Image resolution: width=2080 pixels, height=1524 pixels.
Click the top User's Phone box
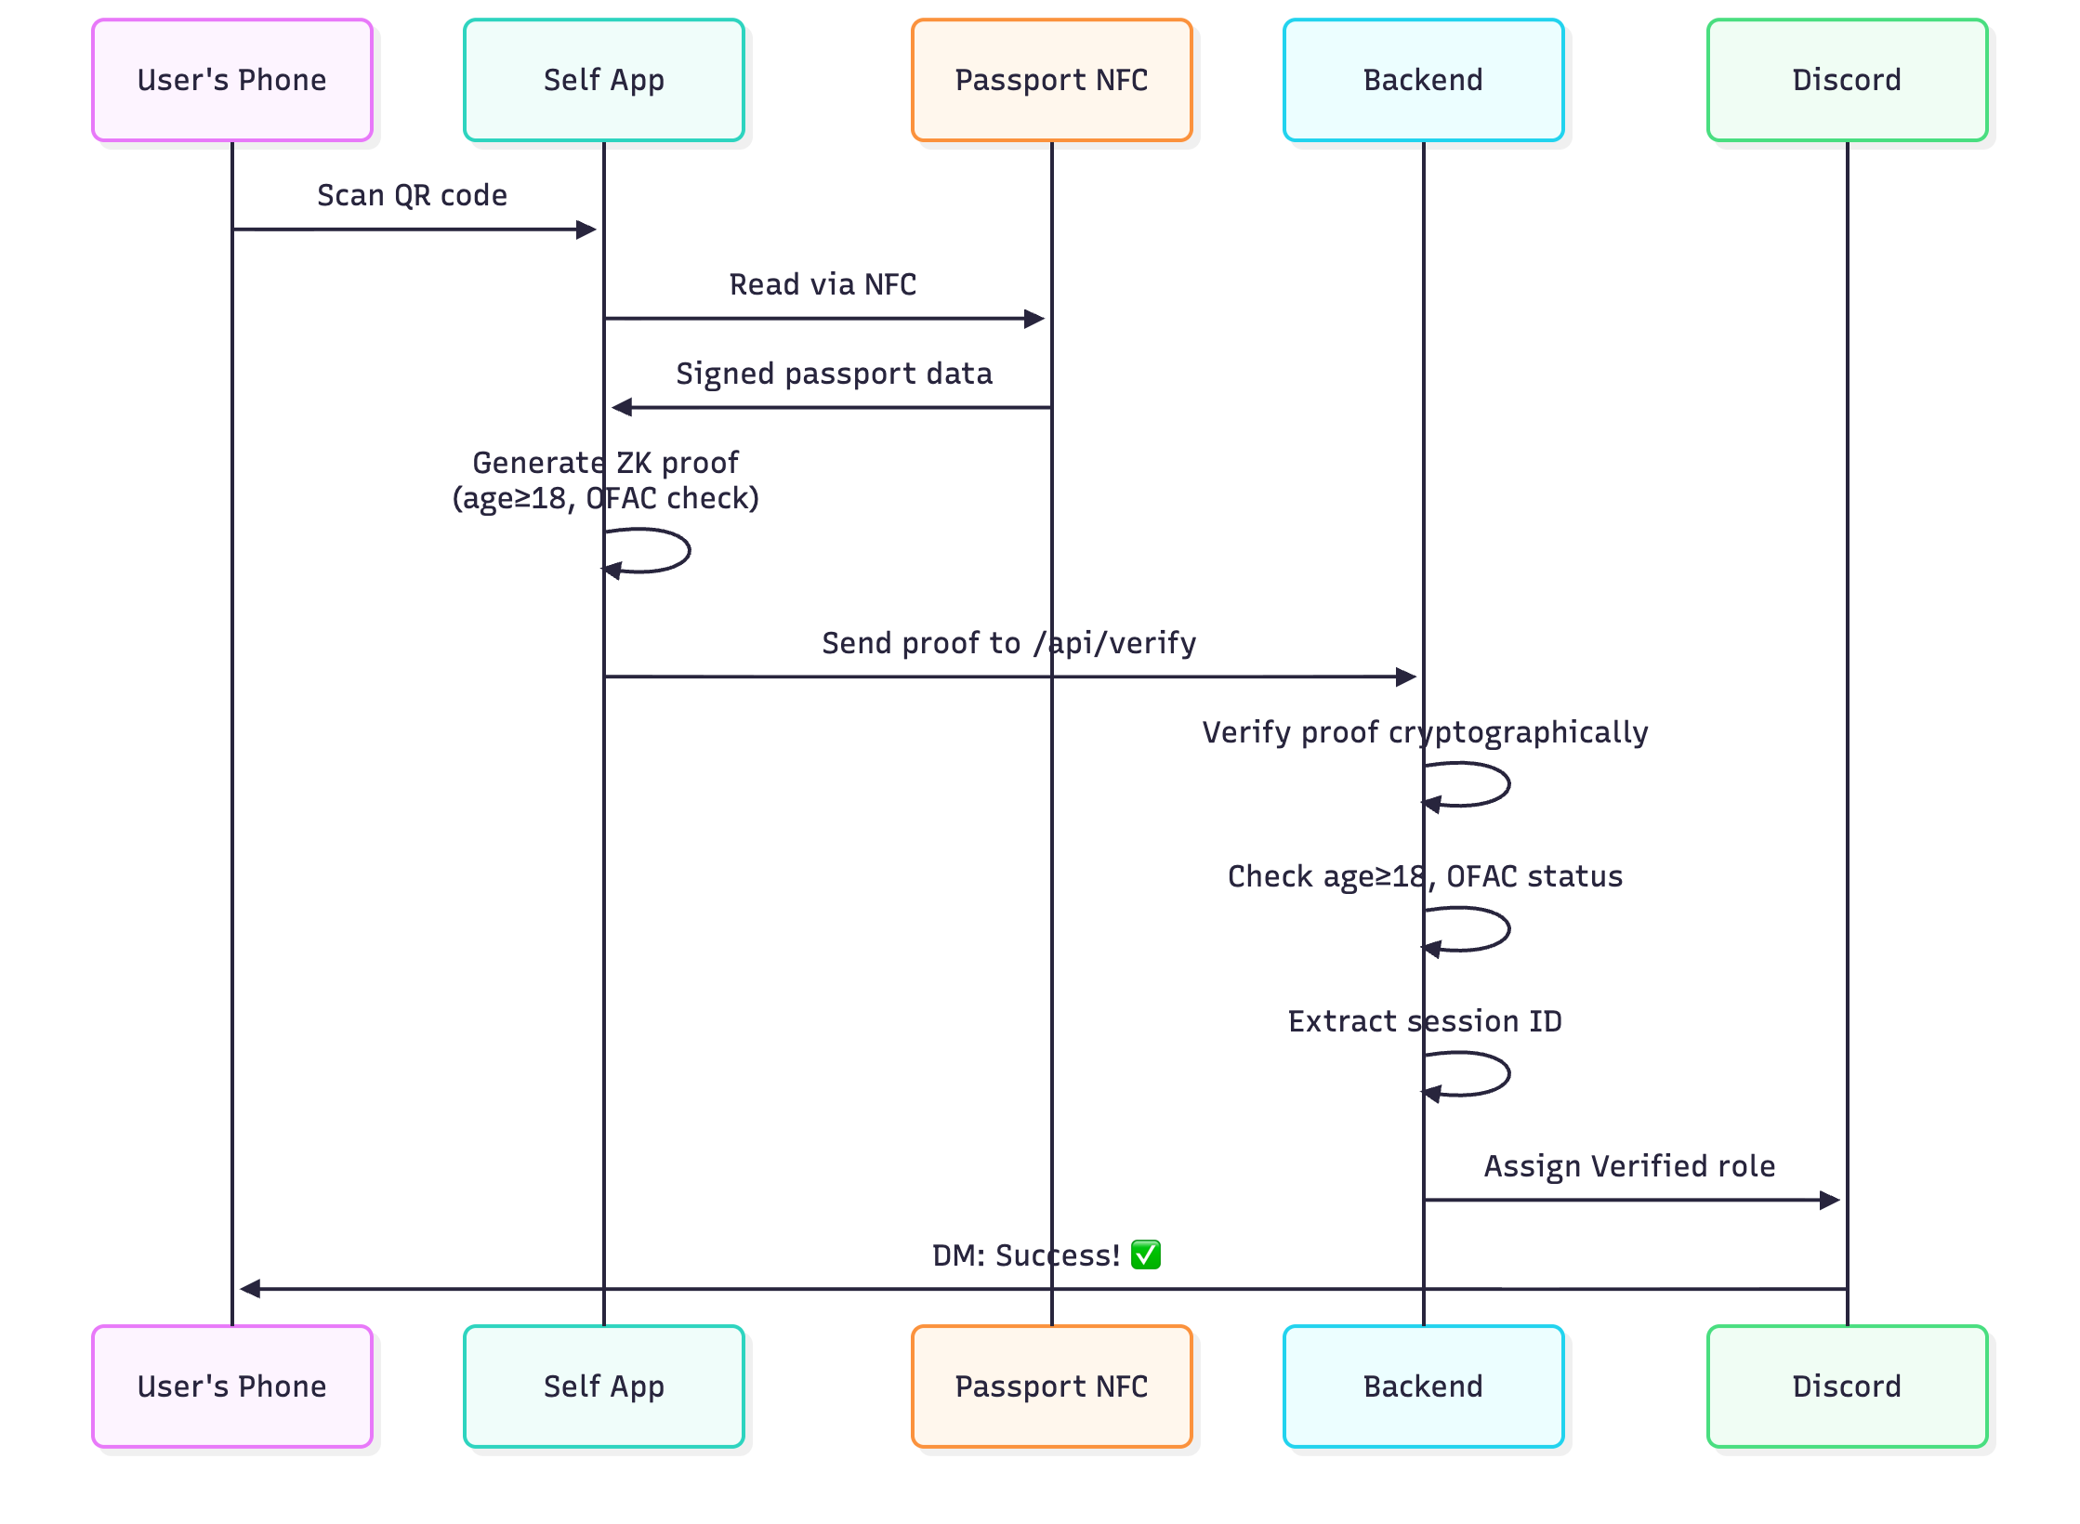[x=232, y=80]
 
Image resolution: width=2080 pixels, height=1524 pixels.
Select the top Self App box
[x=604, y=80]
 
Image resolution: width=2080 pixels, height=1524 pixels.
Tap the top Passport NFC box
[x=1051, y=80]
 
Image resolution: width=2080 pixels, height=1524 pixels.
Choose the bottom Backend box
[x=1423, y=1386]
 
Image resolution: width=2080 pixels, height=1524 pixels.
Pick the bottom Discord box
[x=1847, y=1386]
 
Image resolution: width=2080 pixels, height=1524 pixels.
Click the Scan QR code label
[x=412, y=195]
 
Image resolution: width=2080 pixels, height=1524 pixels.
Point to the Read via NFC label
[x=823, y=284]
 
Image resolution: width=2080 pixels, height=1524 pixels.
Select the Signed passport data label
[x=834, y=374]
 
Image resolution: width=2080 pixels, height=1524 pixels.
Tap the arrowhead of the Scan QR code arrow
[x=586, y=230]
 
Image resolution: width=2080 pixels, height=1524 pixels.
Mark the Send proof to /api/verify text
[x=1008, y=643]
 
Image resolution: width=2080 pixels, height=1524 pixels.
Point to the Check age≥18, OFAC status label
[x=1424, y=876]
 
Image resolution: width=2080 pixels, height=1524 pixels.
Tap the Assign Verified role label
[x=1628, y=1166]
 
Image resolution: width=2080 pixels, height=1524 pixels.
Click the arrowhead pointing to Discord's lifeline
[x=1830, y=1200]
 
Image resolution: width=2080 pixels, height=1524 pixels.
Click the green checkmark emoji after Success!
[x=1145, y=1255]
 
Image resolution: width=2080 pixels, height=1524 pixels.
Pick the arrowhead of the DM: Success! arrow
[x=249, y=1289]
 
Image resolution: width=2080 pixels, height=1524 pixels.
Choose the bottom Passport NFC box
[x=1051, y=1386]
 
